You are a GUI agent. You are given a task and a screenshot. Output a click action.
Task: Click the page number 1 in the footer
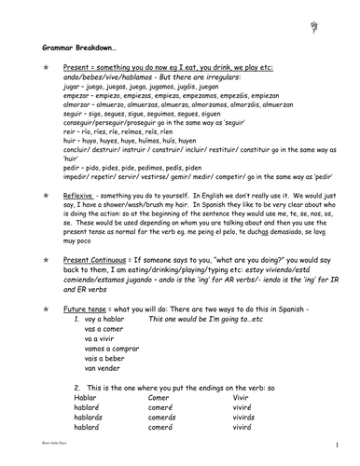click(x=346, y=458)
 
